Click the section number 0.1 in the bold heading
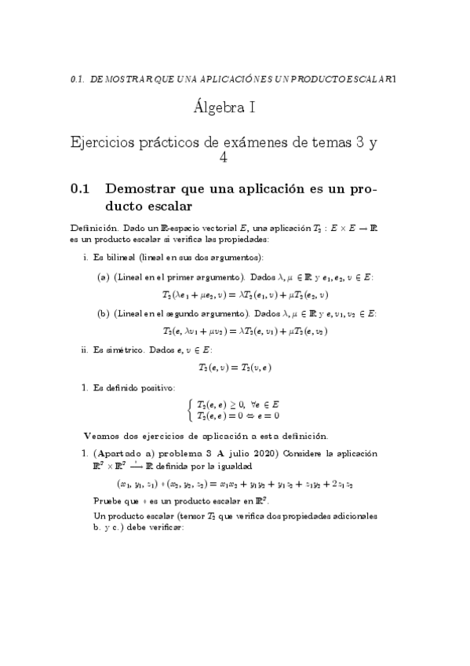tap(81, 188)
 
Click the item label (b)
tap(103, 313)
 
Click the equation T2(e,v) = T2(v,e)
tap(235, 367)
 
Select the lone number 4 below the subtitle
tap(223, 158)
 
